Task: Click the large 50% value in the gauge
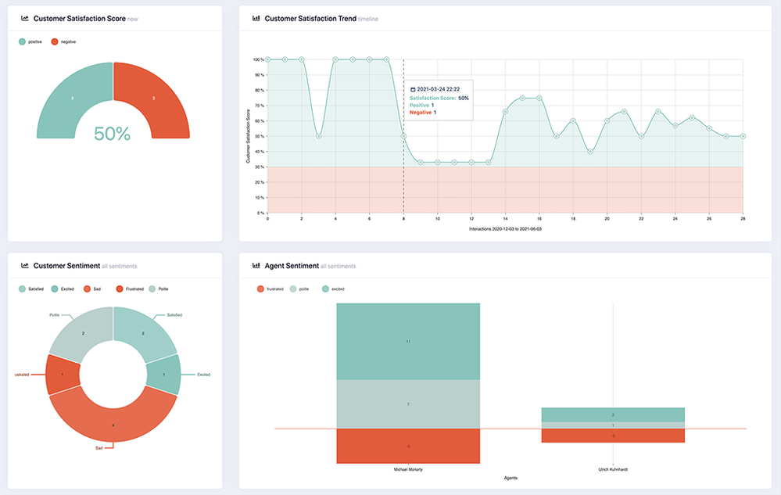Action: tap(112, 134)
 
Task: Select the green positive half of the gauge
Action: tap(72, 99)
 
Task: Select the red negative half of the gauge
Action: tap(154, 99)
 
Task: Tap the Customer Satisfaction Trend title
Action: tap(310, 18)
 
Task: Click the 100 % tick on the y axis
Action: tap(257, 59)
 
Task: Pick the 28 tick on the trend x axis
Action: tap(743, 220)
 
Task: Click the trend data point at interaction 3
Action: tap(319, 136)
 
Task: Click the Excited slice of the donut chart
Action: tap(164, 375)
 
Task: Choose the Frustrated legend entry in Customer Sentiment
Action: tap(134, 289)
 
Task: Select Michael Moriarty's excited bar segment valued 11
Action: tap(408, 342)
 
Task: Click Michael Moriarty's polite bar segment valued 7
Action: tap(408, 404)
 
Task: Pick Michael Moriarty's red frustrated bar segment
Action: tap(408, 446)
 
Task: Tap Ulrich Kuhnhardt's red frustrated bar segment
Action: tap(613, 436)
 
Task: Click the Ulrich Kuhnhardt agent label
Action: tap(613, 471)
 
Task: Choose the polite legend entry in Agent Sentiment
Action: tap(300, 289)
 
